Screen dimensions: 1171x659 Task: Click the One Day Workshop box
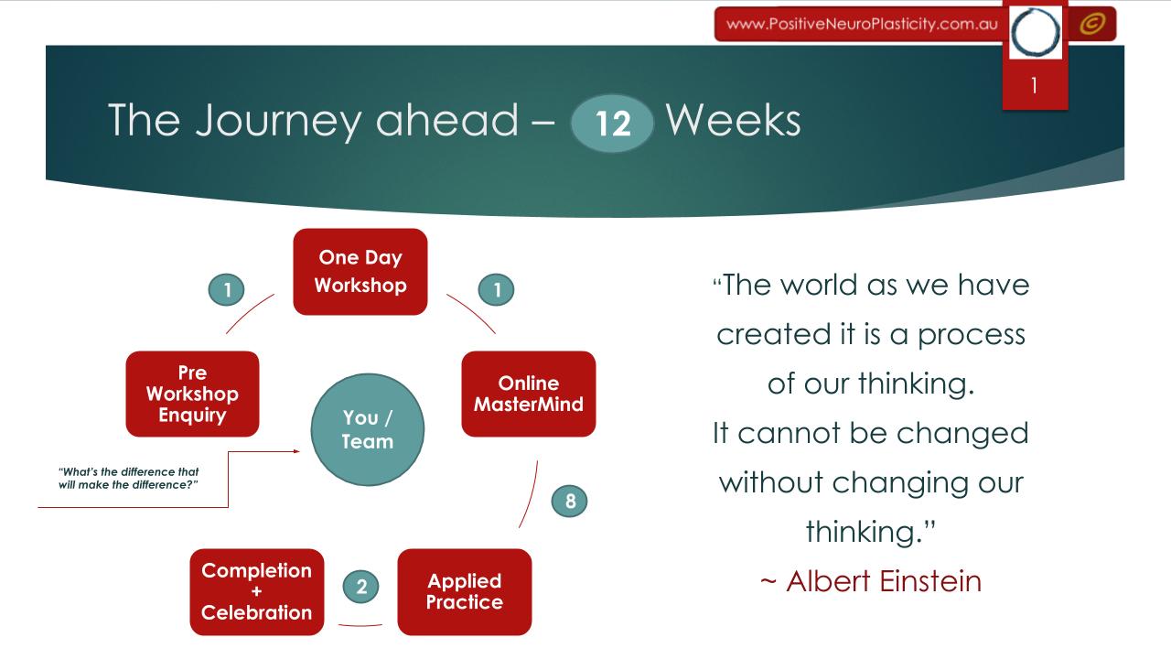point(360,272)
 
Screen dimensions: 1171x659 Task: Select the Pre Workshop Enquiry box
point(192,394)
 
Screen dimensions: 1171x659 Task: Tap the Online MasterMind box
point(529,394)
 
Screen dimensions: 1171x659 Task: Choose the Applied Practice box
point(465,592)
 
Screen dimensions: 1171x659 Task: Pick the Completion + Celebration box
point(257,592)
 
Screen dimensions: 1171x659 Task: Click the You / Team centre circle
point(368,429)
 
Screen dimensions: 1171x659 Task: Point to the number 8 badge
point(569,501)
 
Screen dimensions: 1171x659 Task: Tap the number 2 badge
point(361,587)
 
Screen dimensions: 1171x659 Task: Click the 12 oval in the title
point(612,124)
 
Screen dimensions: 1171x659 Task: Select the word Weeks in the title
point(733,121)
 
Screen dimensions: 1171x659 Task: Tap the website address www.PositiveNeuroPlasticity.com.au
point(862,24)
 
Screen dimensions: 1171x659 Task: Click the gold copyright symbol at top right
point(1092,24)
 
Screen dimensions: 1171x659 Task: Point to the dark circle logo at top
point(1035,32)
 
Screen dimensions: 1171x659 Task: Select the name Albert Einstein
point(884,581)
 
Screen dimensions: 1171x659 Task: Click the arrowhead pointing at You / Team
point(297,451)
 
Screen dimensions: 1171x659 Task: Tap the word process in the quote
point(972,335)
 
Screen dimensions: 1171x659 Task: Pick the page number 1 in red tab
point(1035,85)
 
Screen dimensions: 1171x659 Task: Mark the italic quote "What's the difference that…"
point(129,478)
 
